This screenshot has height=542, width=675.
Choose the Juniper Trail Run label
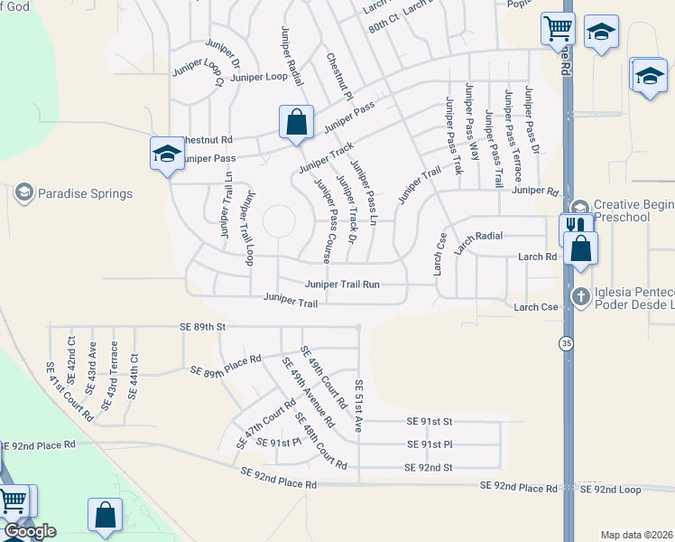click(x=342, y=284)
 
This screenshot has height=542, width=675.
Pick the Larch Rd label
click(x=537, y=257)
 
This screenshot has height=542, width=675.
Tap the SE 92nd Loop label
click(x=610, y=489)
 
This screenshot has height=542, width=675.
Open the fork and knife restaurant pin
click(x=573, y=227)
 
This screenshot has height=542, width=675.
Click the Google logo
click(x=30, y=531)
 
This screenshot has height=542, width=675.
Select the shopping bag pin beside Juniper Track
click(x=296, y=123)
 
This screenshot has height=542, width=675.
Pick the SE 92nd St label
click(x=428, y=467)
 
